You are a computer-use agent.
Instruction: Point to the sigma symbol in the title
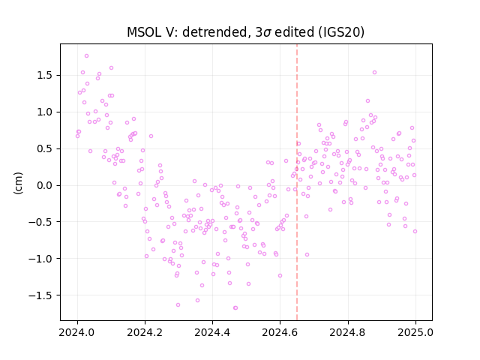pyautogui.click(x=267, y=33)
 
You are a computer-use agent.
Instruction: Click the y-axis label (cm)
pyautogui.click(x=18, y=183)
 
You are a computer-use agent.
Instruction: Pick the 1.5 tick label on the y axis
pyautogui.click(x=46, y=75)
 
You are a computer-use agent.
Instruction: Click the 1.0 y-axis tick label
pyautogui.click(x=46, y=112)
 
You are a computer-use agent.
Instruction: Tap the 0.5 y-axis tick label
pyautogui.click(x=46, y=148)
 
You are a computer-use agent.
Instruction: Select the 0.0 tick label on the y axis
pyautogui.click(x=46, y=185)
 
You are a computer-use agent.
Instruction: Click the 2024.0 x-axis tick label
pyautogui.click(x=77, y=332)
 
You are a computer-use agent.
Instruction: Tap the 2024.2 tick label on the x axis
pyautogui.click(x=145, y=332)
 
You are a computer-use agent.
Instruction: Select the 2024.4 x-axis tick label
pyautogui.click(x=212, y=332)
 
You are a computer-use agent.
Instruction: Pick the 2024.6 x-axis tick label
pyautogui.click(x=280, y=332)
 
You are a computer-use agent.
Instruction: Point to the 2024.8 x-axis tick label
pyautogui.click(x=347, y=332)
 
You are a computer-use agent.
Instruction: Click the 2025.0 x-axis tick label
pyautogui.click(x=415, y=332)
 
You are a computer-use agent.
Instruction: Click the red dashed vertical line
pyautogui.click(x=297, y=182)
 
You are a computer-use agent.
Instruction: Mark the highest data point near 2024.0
pyautogui.click(x=87, y=56)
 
